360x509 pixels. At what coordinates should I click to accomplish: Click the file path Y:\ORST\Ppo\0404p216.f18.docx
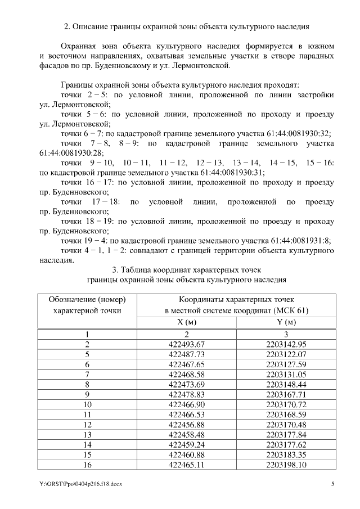tap(76, 483)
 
